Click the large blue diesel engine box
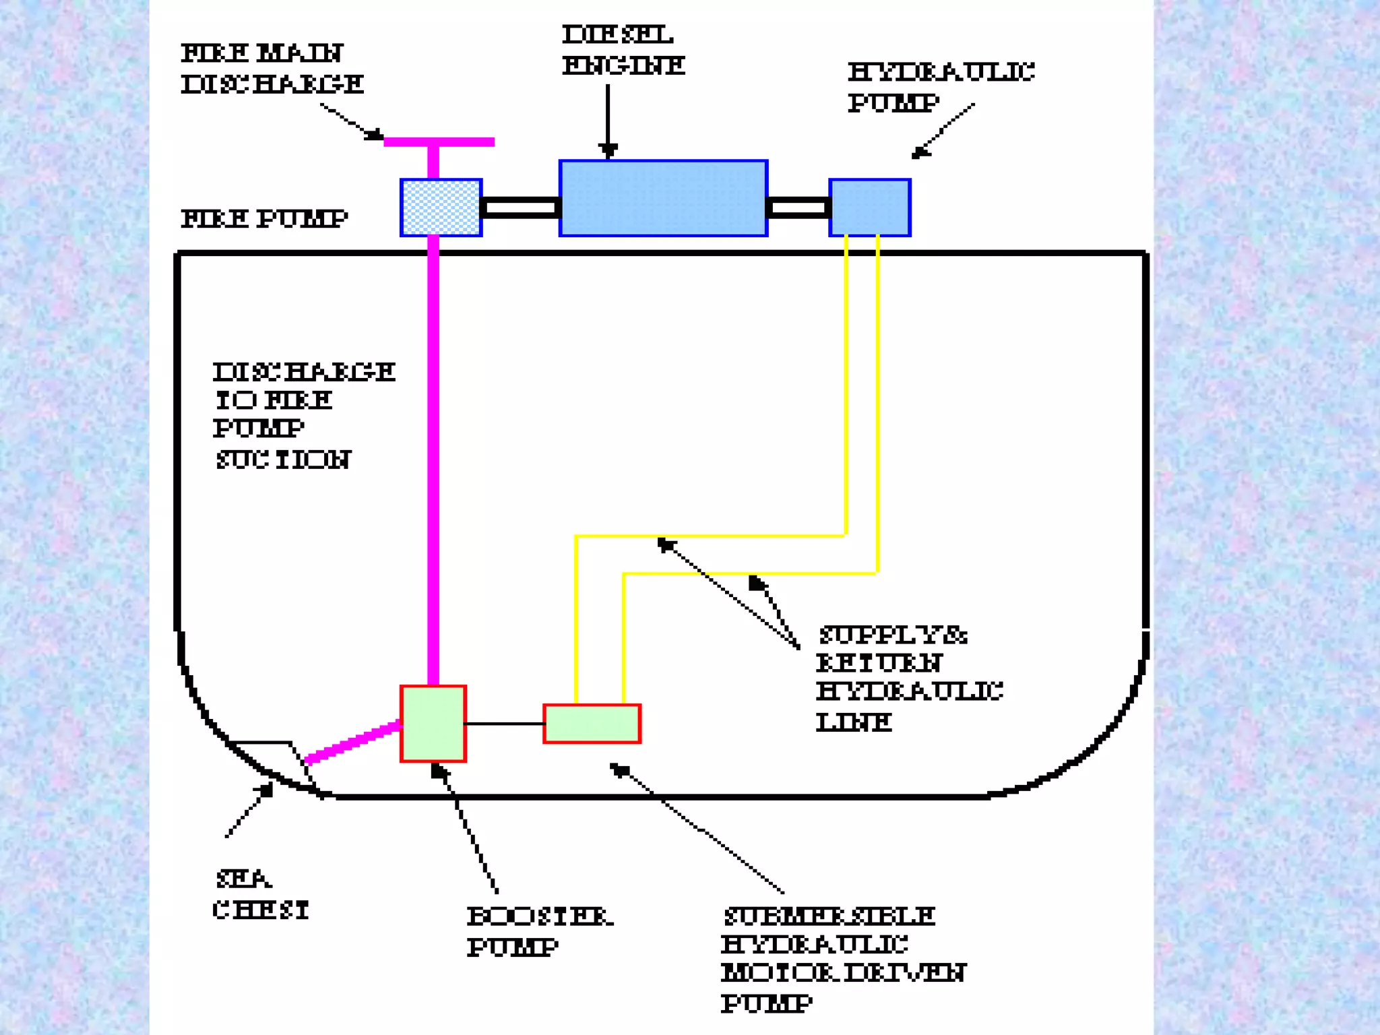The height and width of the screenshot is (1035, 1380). [663, 198]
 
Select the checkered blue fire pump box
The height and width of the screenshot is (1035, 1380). [441, 208]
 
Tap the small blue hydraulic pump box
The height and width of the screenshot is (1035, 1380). [869, 208]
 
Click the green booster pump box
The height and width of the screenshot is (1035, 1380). [433, 724]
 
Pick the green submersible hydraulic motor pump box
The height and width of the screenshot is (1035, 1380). [592, 724]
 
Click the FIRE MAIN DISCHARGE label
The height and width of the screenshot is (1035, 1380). [271, 69]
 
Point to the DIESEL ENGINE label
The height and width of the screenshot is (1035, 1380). [623, 50]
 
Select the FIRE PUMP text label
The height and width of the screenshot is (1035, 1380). [264, 219]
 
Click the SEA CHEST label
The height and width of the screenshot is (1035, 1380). [260, 895]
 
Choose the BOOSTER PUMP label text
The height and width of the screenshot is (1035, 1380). [539, 931]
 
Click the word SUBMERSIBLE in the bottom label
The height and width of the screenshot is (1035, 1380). [829, 916]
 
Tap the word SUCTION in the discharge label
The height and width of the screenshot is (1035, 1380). [283, 460]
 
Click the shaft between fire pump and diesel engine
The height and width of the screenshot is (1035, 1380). [520, 208]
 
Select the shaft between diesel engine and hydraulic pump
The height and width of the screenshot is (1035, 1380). [798, 208]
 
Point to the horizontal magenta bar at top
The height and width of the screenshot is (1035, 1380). [439, 142]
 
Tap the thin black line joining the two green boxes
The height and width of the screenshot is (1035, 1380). [504, 724]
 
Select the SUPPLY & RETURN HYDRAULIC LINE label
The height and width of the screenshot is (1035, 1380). [908, 678]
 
